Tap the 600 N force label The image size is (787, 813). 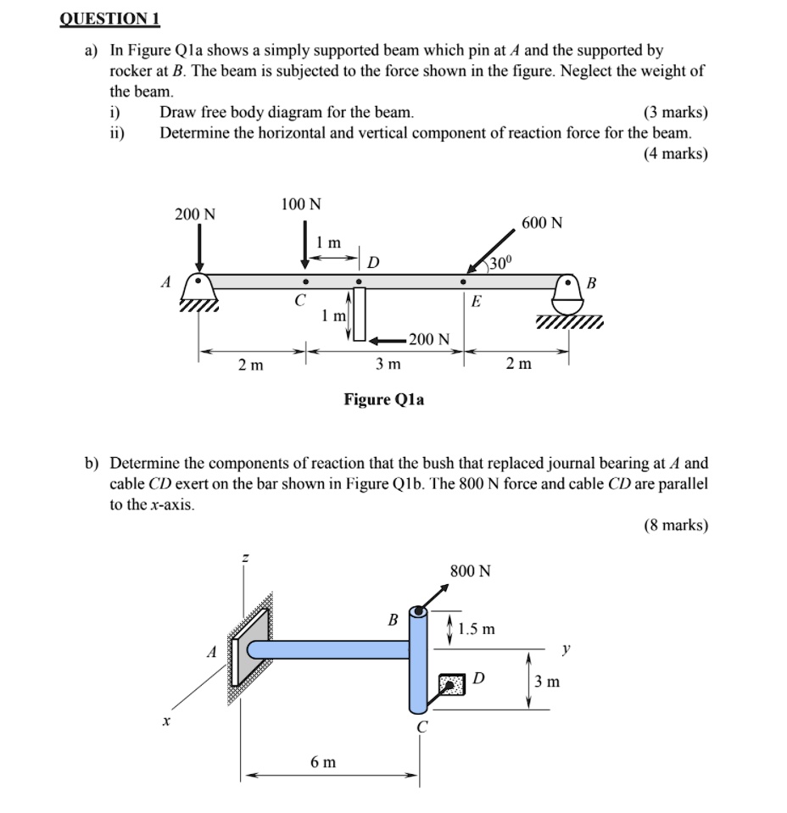click(x=542, y=223)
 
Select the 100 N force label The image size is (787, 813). click(x=301, y=204)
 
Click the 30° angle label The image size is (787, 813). click(x=501, y=264)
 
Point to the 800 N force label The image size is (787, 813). click(x=471, y=571)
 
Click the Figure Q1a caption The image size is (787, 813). click(x=384, y=398)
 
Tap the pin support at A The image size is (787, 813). click(x=198, y=292)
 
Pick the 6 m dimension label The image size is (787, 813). click(x=322, y=762)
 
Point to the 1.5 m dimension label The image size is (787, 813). click(x=476, y=630)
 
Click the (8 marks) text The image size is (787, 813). click(x=675, y=526)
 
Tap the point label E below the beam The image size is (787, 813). click(x=476, y=301)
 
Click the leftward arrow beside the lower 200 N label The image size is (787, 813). click(x=384, y=340)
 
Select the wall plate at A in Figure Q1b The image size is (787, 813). click(x=248, y=650)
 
